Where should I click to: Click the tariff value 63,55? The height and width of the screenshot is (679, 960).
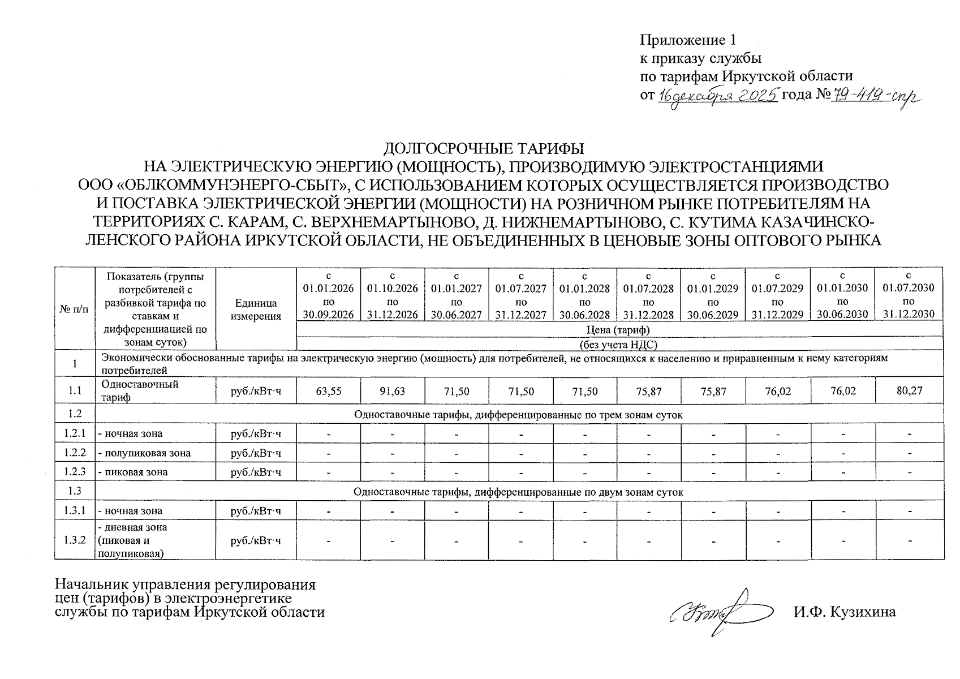[x=329, y=391]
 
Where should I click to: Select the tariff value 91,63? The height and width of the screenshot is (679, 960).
[x=393, y=391]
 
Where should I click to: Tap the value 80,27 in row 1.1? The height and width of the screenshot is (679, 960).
[x=909, y=390]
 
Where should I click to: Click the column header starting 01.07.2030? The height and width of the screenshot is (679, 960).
[x=909, y=294]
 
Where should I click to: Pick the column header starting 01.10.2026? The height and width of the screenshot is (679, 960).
[x=393, y=295]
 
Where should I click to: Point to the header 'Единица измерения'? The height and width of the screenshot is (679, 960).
[x=256, y=310]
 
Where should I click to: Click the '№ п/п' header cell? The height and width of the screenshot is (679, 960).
[x=74, y=310]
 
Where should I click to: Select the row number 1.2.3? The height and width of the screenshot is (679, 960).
[x=75, y=471]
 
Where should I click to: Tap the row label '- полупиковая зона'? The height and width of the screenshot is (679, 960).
[x=144, y=453]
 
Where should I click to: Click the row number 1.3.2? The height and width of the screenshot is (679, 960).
[x=75, y=540]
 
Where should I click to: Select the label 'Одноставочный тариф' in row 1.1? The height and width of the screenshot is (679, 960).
[x=139, y=390]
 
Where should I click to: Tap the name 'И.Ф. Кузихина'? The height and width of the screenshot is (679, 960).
[x=844, y=612]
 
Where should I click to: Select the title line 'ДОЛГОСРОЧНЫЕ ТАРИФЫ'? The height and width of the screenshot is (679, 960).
[x=484, y=149]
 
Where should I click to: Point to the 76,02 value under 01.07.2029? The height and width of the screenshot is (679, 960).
[x=778, y=391]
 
